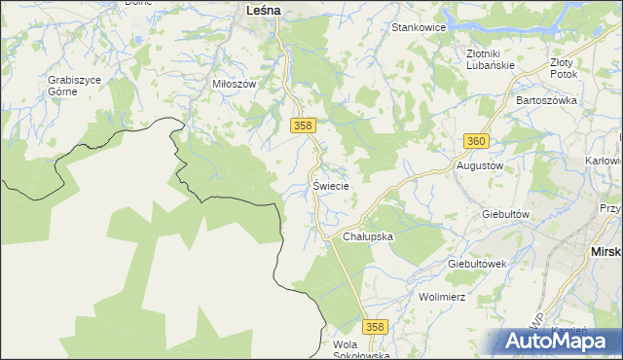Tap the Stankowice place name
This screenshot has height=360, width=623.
point(419,27)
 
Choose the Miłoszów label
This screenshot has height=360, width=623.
point(234,84)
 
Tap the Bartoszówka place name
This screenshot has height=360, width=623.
point(547,100)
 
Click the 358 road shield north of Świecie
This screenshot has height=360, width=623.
point(302,126)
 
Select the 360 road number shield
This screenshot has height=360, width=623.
point(475,141)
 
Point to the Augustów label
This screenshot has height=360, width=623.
point(480,165)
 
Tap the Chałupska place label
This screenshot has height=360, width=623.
point(367,236)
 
